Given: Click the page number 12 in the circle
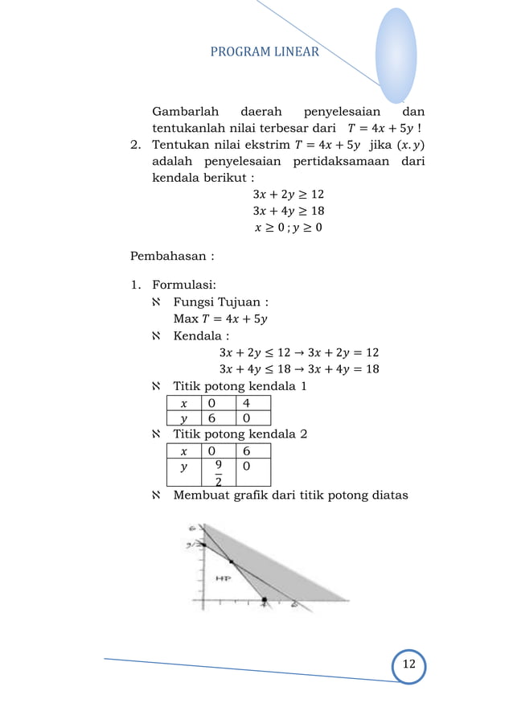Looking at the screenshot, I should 408,664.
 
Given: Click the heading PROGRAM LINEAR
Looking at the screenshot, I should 265,52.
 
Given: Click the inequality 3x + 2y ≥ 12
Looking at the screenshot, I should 288,194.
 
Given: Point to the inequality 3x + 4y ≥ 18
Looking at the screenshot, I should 288,211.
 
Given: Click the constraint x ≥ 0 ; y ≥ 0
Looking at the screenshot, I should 289,228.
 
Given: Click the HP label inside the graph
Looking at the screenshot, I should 223,578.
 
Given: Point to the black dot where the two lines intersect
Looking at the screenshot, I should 232,561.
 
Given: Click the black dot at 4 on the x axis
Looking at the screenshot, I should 265,600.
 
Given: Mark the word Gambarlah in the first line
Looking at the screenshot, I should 186,111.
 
